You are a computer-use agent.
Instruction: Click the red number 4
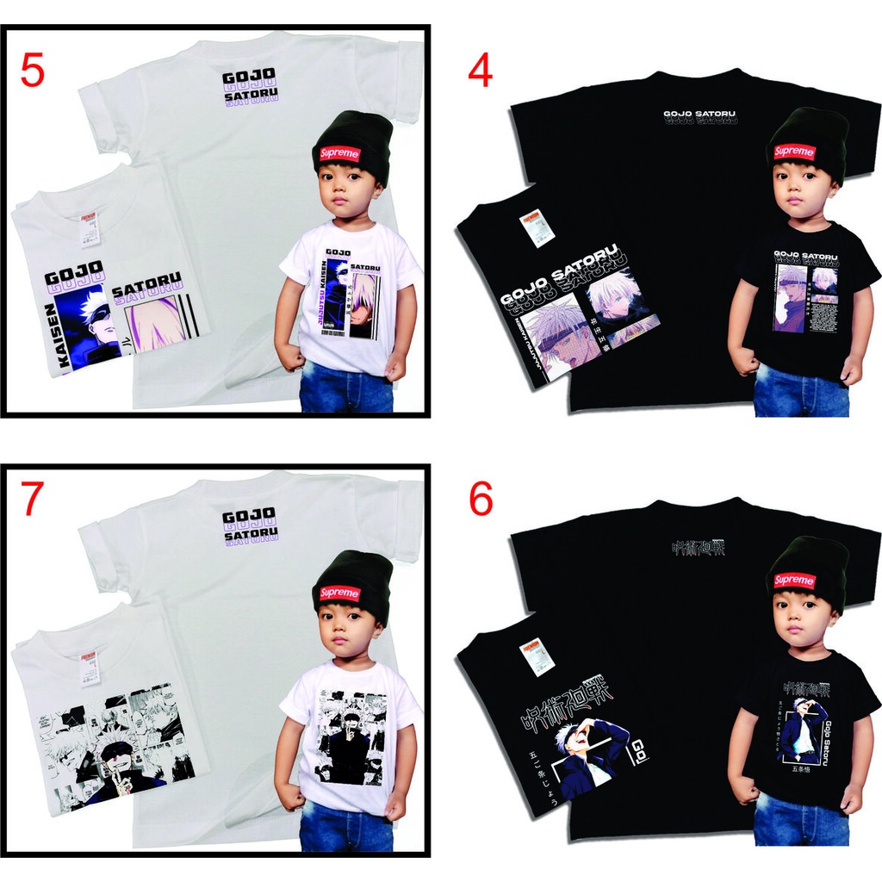480,71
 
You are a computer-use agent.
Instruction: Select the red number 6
481,501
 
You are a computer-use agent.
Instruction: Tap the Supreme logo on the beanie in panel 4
793,152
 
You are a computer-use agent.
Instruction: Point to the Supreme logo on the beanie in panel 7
339,593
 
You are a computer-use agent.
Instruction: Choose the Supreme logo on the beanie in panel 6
793,580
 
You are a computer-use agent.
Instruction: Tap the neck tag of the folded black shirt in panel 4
531,226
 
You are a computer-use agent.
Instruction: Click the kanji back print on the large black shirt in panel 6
698,548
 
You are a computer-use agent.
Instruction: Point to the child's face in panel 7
346,627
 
